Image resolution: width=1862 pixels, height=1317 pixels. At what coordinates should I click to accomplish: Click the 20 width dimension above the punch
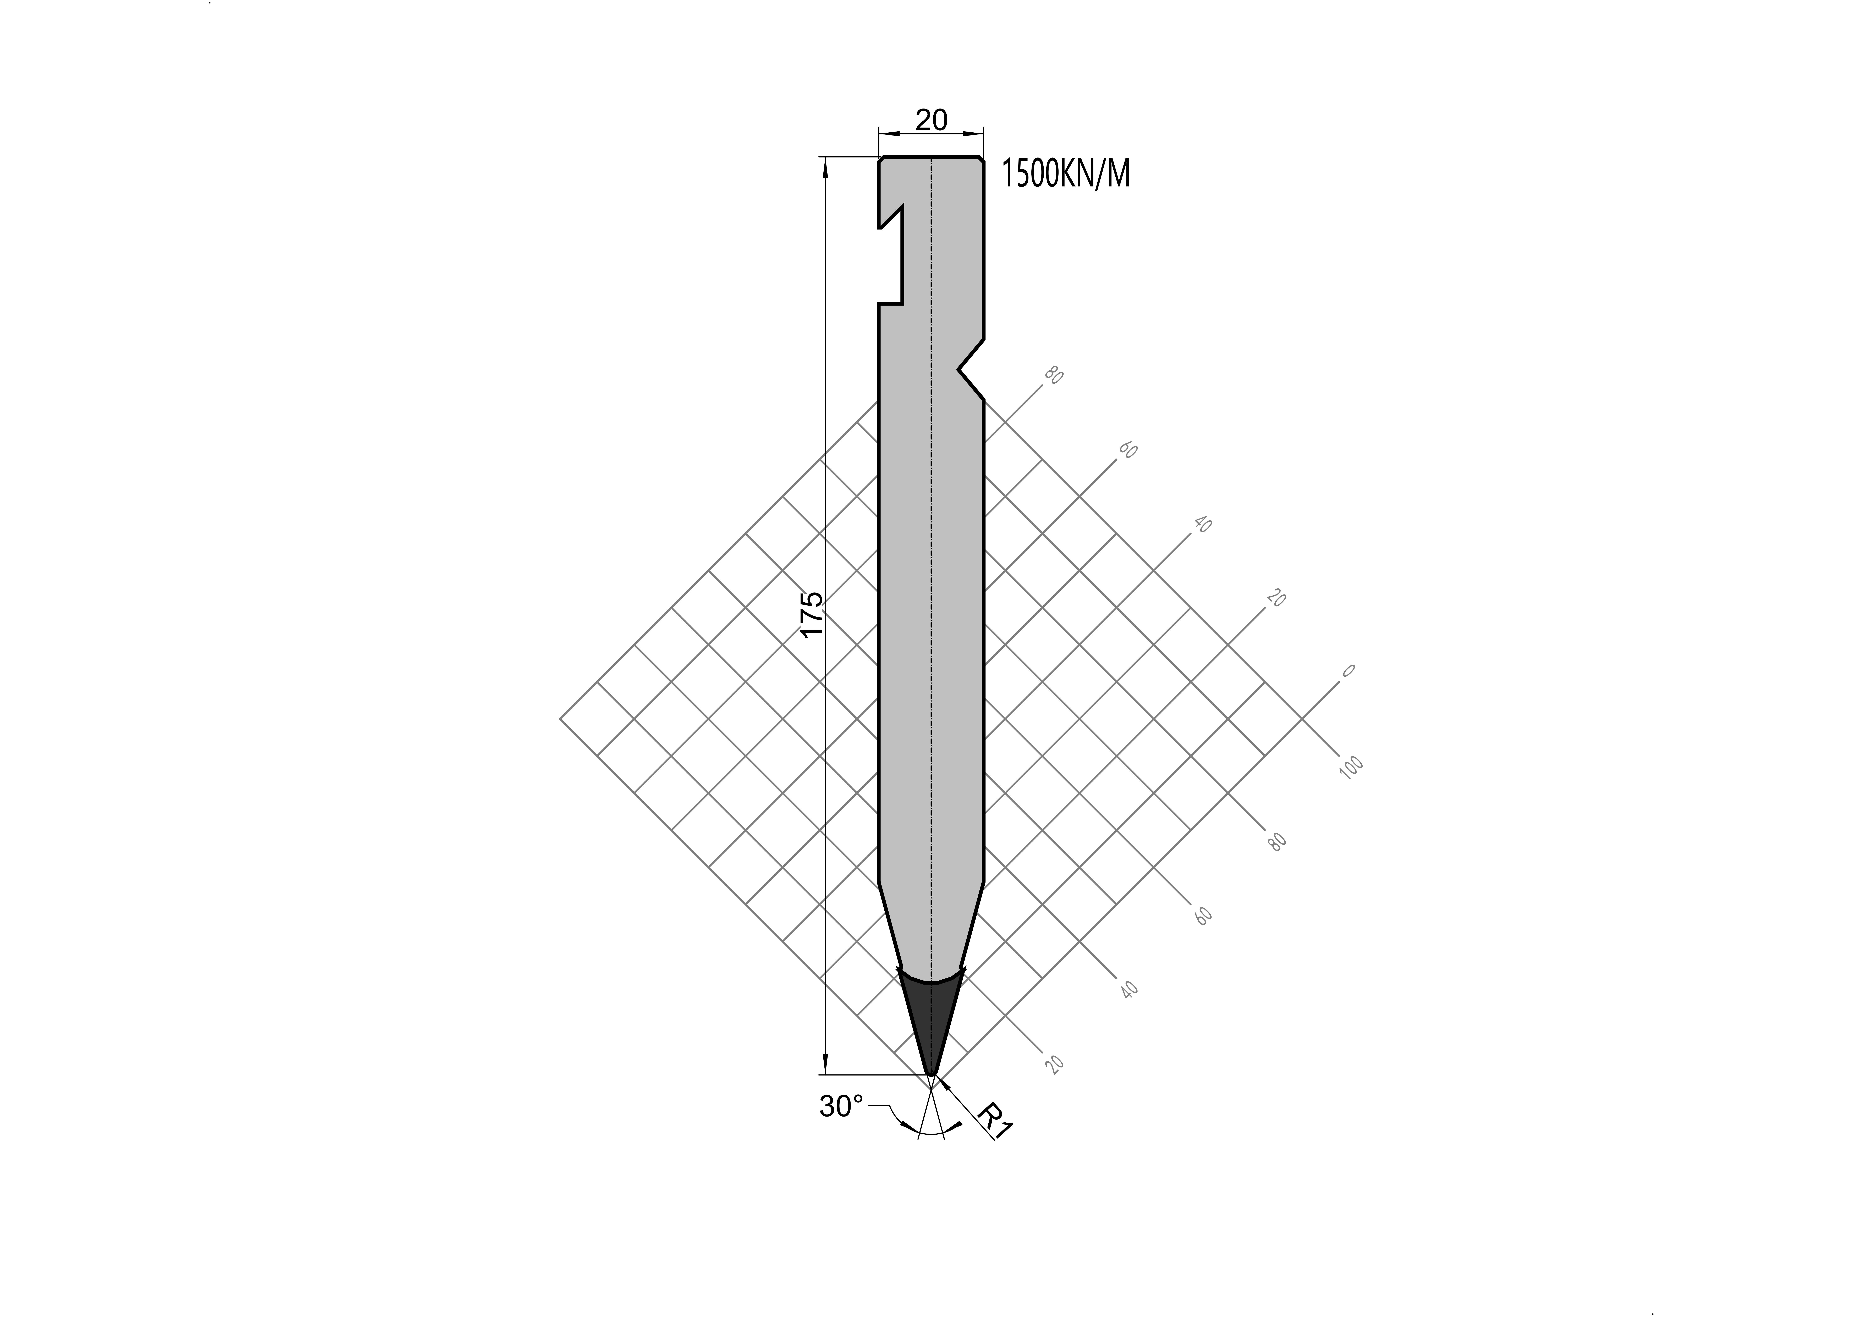pyautogui.click(x=931, y=120)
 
